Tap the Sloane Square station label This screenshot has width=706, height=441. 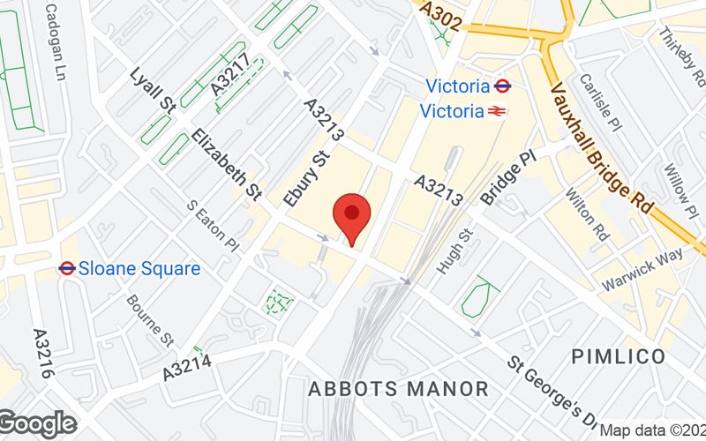[x=140, y=268]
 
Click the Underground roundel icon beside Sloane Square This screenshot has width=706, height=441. [x=66, y=267]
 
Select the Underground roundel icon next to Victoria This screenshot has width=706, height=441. [x=503, y=86]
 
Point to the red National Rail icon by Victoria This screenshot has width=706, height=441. [x=499, y=112]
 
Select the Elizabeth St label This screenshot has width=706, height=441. [x=228, y=163]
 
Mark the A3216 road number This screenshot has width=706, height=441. [x=45, y=354]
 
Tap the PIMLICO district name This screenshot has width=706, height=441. [x=618, y=356]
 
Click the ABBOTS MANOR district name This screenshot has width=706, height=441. [x=398, y=388]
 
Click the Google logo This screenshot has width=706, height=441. [x=38, y=424]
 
